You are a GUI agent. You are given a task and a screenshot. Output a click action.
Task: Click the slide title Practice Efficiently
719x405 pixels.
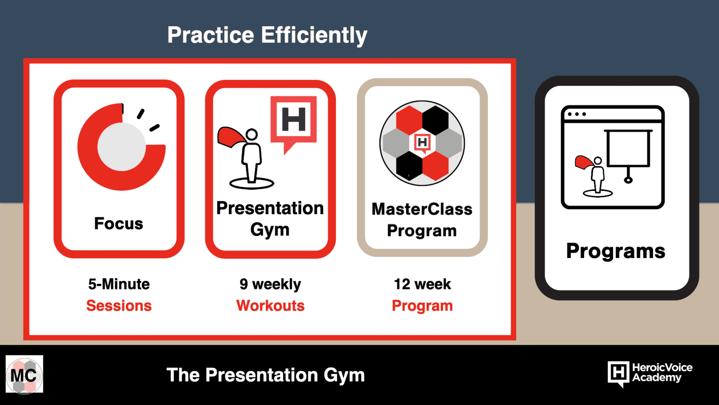coord(267,36)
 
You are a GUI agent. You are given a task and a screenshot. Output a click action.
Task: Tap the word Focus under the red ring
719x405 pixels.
coord(119,223)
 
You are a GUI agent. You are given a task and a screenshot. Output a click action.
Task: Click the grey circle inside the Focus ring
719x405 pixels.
coord(122,147)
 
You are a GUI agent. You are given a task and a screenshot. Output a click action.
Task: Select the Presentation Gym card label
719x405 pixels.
coord(270,219)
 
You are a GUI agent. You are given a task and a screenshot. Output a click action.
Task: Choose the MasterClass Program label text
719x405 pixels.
coord(422,220)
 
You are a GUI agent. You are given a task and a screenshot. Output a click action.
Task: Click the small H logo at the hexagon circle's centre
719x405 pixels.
coord(422,143)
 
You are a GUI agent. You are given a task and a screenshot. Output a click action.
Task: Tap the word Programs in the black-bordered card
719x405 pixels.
coord(616,251)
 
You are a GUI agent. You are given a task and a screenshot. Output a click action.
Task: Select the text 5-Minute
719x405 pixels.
coord(119,284)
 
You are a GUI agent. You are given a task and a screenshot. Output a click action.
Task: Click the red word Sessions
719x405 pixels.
coord(119,306)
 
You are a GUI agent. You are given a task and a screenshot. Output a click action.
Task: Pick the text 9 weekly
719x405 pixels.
coord(270,284)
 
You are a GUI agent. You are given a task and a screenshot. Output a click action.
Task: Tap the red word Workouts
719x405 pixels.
coord(270,306)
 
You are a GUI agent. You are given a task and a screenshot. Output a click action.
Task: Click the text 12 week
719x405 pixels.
coord(422,284)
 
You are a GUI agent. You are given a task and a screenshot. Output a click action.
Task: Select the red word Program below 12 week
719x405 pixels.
coord(422,306)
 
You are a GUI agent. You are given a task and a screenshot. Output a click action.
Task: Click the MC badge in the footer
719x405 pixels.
coord(24,374)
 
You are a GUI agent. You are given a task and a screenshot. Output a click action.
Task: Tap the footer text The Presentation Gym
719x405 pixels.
coord(266,375)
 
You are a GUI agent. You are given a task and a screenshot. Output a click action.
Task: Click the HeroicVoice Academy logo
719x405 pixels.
coord(650,374)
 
